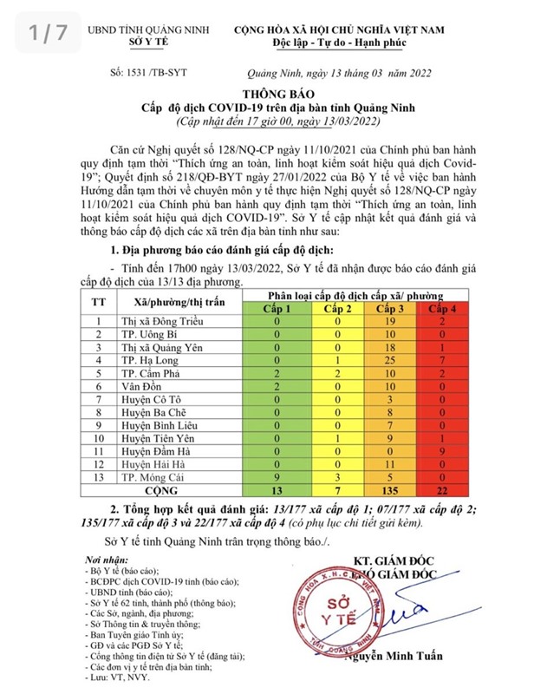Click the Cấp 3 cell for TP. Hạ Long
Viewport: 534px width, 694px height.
[x=389, y=359]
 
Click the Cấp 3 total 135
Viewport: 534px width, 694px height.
[x=389, y=490]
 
